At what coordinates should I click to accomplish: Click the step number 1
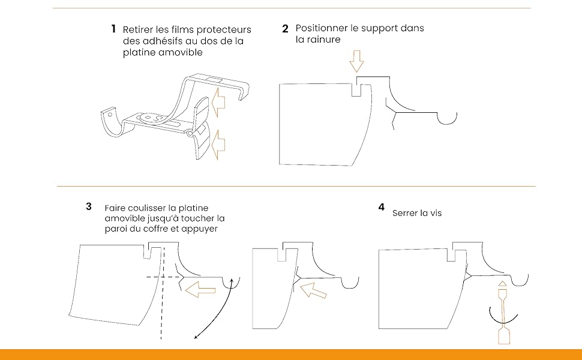[x=113, y=29]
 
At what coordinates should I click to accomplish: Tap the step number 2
[x=285, y=29]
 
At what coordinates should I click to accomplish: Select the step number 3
[x=89, y=206]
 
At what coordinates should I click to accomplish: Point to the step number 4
[x=381, y=208]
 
